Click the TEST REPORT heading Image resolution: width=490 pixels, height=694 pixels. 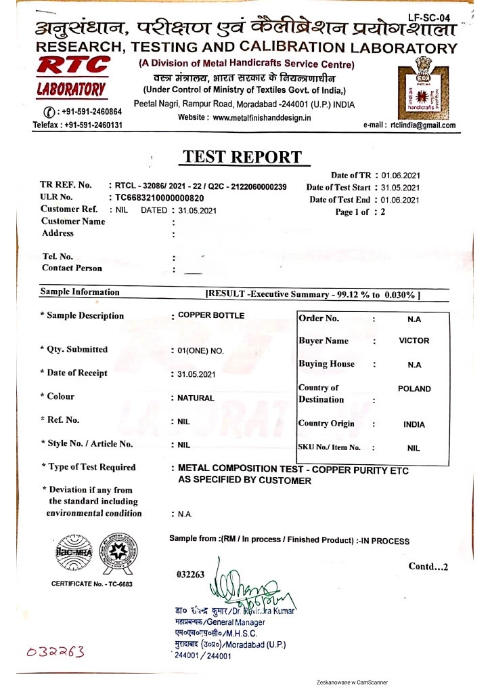coord(242,157)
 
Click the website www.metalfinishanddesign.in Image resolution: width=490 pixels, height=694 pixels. coord(262,117)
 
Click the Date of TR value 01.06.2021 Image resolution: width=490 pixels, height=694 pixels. coord(401,176)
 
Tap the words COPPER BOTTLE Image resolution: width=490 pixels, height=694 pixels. coord(211,316)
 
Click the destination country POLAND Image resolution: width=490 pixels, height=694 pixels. coord(414,389)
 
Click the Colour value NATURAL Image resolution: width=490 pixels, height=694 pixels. coord(196,399)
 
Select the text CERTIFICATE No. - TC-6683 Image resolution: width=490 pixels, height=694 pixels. coord(92,584)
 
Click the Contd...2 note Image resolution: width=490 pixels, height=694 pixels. coord(428,567)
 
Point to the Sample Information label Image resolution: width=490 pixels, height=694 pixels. coord(80,292)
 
